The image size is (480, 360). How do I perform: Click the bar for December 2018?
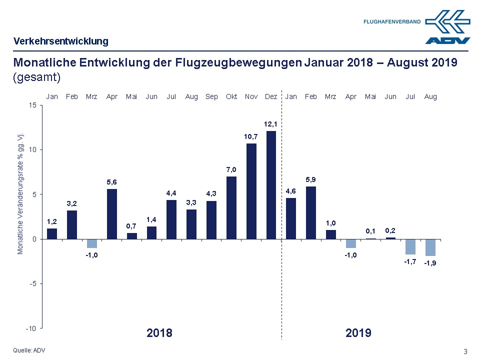(271, 185)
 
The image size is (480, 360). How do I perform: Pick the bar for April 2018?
(111, 213)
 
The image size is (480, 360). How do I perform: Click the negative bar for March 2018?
(91, 243)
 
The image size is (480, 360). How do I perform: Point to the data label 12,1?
(271, 123)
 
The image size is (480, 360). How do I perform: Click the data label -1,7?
(410, 262)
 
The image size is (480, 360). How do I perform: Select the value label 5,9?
(310, 179)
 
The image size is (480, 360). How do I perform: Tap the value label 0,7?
(131, 225)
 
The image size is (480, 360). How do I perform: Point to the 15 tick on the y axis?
(32, 105)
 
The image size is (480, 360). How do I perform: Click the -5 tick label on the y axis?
(32, 283)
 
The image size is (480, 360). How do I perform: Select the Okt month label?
(231, 96)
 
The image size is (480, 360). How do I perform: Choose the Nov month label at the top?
(251, 96)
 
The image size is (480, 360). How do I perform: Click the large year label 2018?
(159, 333)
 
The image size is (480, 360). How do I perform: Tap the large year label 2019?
(358, 333)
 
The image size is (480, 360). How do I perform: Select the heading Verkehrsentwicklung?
(61, 41)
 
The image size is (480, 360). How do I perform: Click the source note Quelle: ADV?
(29, 350)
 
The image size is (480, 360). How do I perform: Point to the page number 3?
(465, 350)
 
